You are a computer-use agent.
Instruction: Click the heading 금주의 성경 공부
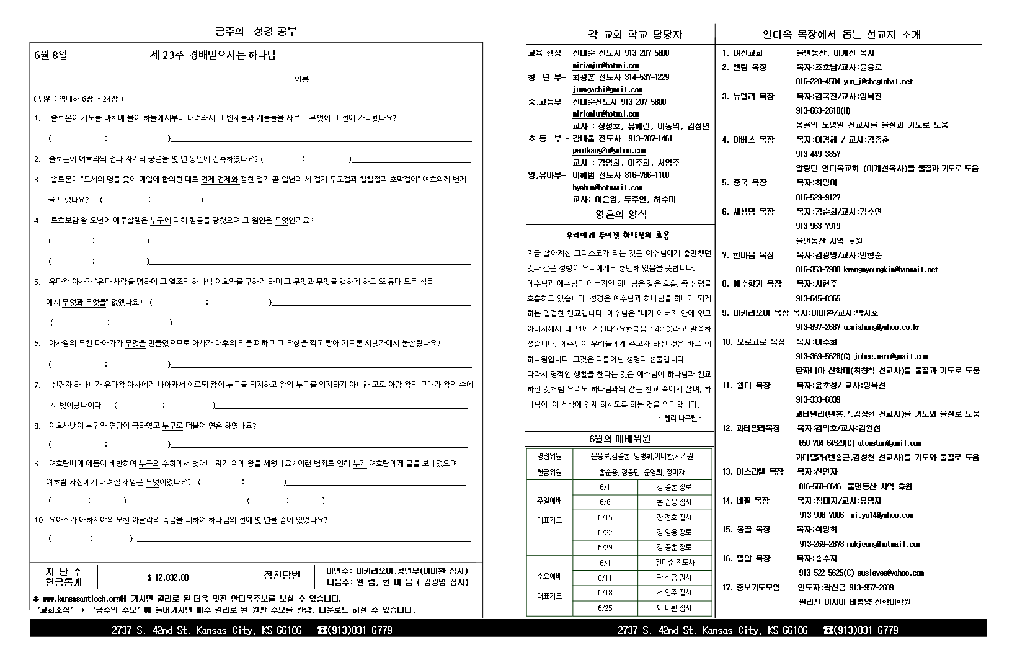255,32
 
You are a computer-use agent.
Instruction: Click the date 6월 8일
51,55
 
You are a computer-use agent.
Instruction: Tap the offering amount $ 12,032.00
168,577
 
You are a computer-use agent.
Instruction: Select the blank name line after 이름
366,80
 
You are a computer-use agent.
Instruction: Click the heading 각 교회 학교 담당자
621,35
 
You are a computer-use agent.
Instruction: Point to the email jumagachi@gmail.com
607,89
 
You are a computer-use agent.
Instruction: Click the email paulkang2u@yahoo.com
609,150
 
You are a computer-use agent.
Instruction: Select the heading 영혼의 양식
621,215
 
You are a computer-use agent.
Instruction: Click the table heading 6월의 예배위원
619,439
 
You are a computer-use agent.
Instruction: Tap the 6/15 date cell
605,517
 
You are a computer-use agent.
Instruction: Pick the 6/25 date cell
605,608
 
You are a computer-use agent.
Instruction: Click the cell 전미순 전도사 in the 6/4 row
675,563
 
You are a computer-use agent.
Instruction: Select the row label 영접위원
549,456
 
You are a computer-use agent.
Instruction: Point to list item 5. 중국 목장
744,182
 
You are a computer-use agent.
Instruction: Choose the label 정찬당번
282,575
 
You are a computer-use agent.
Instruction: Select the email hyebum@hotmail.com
607,187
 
